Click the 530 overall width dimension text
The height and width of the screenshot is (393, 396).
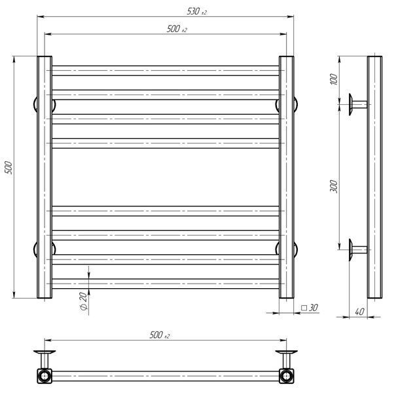pos(197,11)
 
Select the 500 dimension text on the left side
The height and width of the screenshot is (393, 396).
pos(9,167)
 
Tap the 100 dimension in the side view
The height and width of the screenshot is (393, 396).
pos(334,79)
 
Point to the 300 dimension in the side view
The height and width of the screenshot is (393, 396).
pos(334,187)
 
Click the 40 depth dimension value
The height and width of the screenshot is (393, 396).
pos(359,312)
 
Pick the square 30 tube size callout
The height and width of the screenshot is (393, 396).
pos(310,308)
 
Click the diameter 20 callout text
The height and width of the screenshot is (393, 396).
pos(84,301)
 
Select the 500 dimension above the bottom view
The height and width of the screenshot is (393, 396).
pos(159,335)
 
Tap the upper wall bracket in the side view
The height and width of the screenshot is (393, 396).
pos(358,104)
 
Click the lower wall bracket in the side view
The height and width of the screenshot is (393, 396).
pos(358,250)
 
